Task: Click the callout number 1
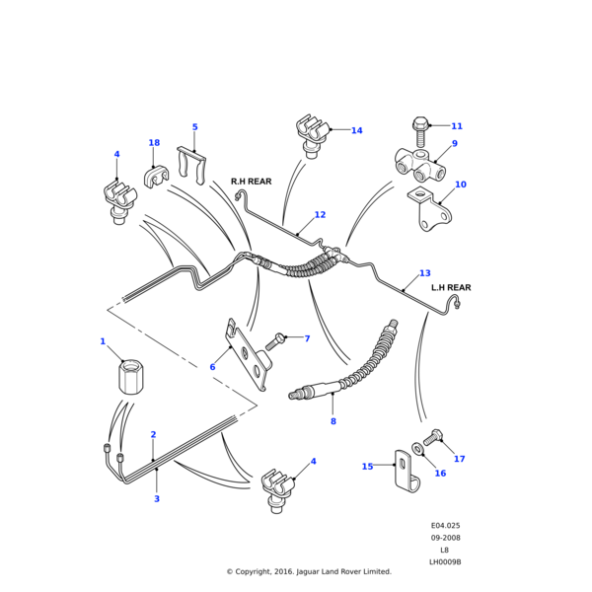[x=102, y=341]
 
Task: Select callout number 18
[x=154, y=143]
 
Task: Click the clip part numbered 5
[x=193, y=162]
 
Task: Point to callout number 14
[x=356, y=130]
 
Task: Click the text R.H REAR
[x=251, y=182]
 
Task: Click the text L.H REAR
[x=451, y=288]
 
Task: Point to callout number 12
[x=320, y=214]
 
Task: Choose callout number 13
[x=424, y=273]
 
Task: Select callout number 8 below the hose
[x=333, y=421]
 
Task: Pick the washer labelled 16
[x=419, y=450]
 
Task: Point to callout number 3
[x=156, y=499]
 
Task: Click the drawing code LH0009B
[x=445, y=561]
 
